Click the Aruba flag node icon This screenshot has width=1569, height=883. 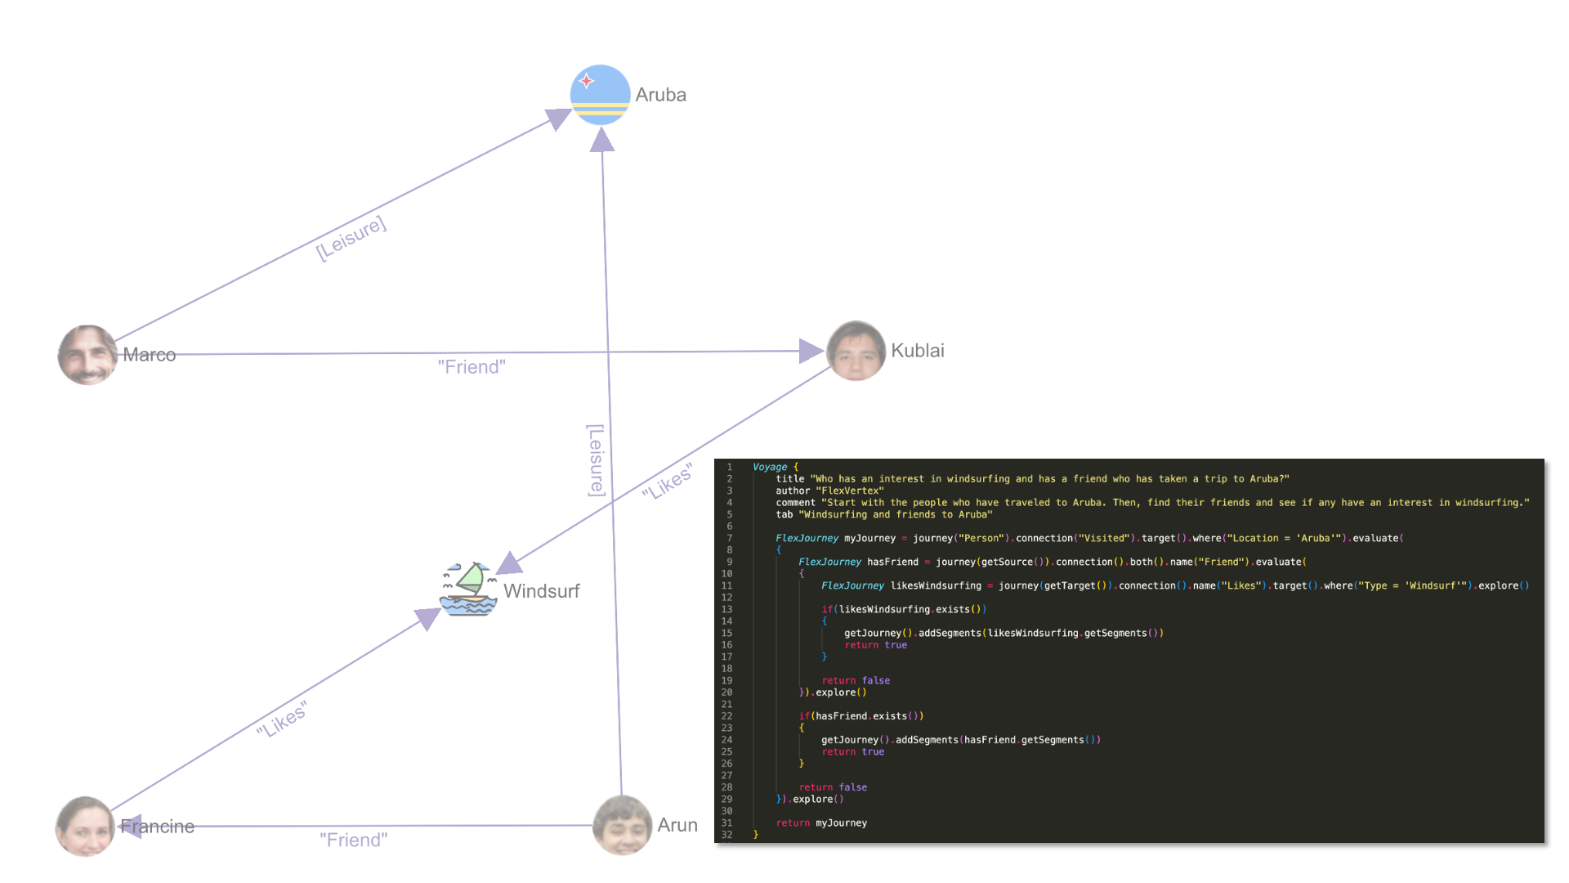tap(600, 95)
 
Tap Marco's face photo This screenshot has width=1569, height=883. tap(87, 355)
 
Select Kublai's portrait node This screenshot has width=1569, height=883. tap(856, 351)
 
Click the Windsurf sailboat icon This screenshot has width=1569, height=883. tap(468, 589)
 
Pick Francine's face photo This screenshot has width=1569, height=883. tap(85, 827)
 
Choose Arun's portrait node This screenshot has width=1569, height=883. tap(622, 825)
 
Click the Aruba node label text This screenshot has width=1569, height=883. tap(660, 95)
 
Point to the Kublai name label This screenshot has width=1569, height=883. tap(917, 351)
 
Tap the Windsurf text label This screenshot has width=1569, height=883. tap(541, 591)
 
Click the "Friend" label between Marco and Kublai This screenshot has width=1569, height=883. tap(472, 367)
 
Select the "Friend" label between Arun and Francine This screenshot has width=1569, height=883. tap(353, 840)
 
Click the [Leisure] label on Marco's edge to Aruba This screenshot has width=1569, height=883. tap(351, 238)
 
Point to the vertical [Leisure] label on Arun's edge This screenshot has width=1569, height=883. tap(597, 460)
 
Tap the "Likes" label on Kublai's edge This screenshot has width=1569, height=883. tap(668, 482)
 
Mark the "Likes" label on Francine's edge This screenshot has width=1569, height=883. tap(282, 719)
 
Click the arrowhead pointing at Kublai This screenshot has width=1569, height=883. tap(810, 351)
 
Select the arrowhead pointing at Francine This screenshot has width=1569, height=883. tap(131, 826)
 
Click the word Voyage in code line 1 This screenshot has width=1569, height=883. tap(769, 467)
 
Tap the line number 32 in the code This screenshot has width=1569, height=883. tap(726, 835)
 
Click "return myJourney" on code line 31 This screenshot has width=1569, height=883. tap(821, 822)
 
